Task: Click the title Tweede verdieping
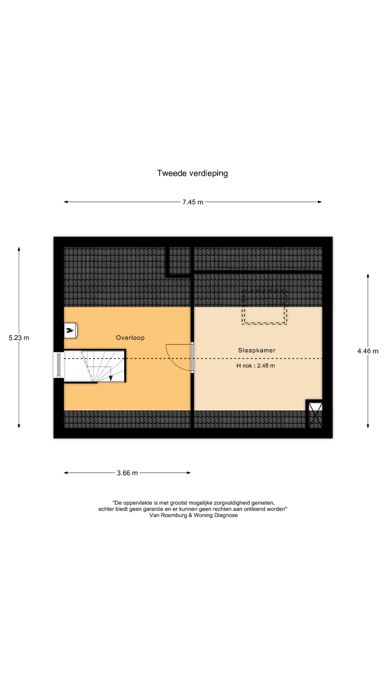tap(192, 173)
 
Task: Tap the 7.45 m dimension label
tap(193, 202)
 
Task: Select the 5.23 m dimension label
tap(19, 338)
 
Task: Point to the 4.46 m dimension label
tap(368, 351)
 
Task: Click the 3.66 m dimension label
tap(127, 473)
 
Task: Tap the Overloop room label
tap(130, 338)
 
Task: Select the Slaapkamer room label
tap(257, 350)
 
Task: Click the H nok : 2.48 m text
tap(255, 366)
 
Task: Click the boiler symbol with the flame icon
tap(71, 330)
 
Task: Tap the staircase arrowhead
tap(110, 378)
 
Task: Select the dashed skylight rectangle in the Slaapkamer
tap(264, 307)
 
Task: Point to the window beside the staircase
tap(58, 365)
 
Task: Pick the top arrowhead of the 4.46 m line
tap(368, 276)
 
